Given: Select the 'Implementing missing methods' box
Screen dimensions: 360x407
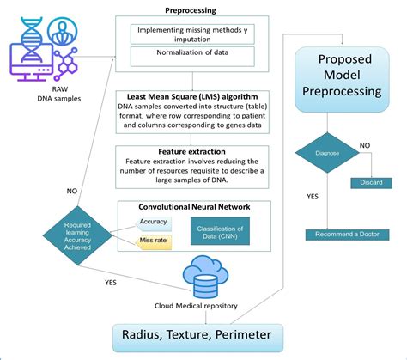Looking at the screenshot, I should point(193,34).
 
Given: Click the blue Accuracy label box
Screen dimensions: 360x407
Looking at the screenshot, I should point(153,222).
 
